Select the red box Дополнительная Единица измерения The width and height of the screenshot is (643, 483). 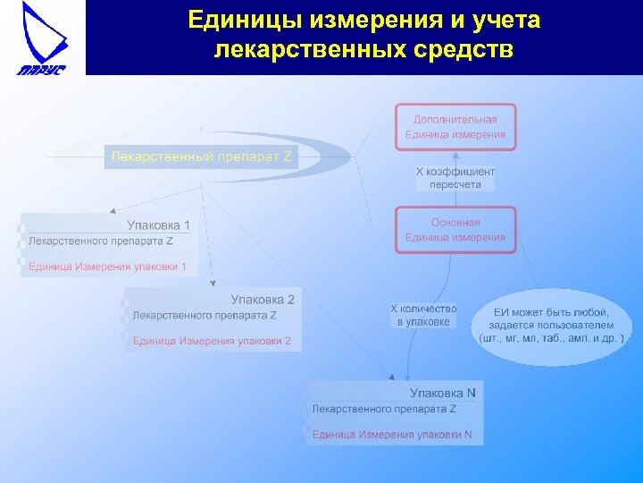(x=455, y=127)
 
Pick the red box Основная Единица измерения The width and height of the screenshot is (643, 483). (x=455, y=230)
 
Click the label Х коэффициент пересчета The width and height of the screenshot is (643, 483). (x=455, y=177)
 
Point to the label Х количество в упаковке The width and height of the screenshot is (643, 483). (x=423, y=315)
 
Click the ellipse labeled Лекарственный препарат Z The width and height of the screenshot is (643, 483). (x=201, y=157)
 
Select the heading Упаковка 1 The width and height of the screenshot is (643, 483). (x=158, y=225)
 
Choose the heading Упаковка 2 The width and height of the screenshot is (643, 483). (x=262, y=300)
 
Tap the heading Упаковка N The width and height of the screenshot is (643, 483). (x=442, y=393)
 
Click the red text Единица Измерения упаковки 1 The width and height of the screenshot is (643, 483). (x=107, y=267)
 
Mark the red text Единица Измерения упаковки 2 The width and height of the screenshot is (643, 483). (x=212, y=341)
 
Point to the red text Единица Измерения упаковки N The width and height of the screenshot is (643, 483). (x=397, y=436)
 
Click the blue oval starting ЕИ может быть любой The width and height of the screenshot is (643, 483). (x=552, y=326)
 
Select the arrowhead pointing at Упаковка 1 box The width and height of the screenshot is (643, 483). (x=113, y=211)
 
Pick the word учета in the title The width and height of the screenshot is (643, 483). (x=503, y=20)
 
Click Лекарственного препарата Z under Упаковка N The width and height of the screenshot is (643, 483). (x=384, y=409)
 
